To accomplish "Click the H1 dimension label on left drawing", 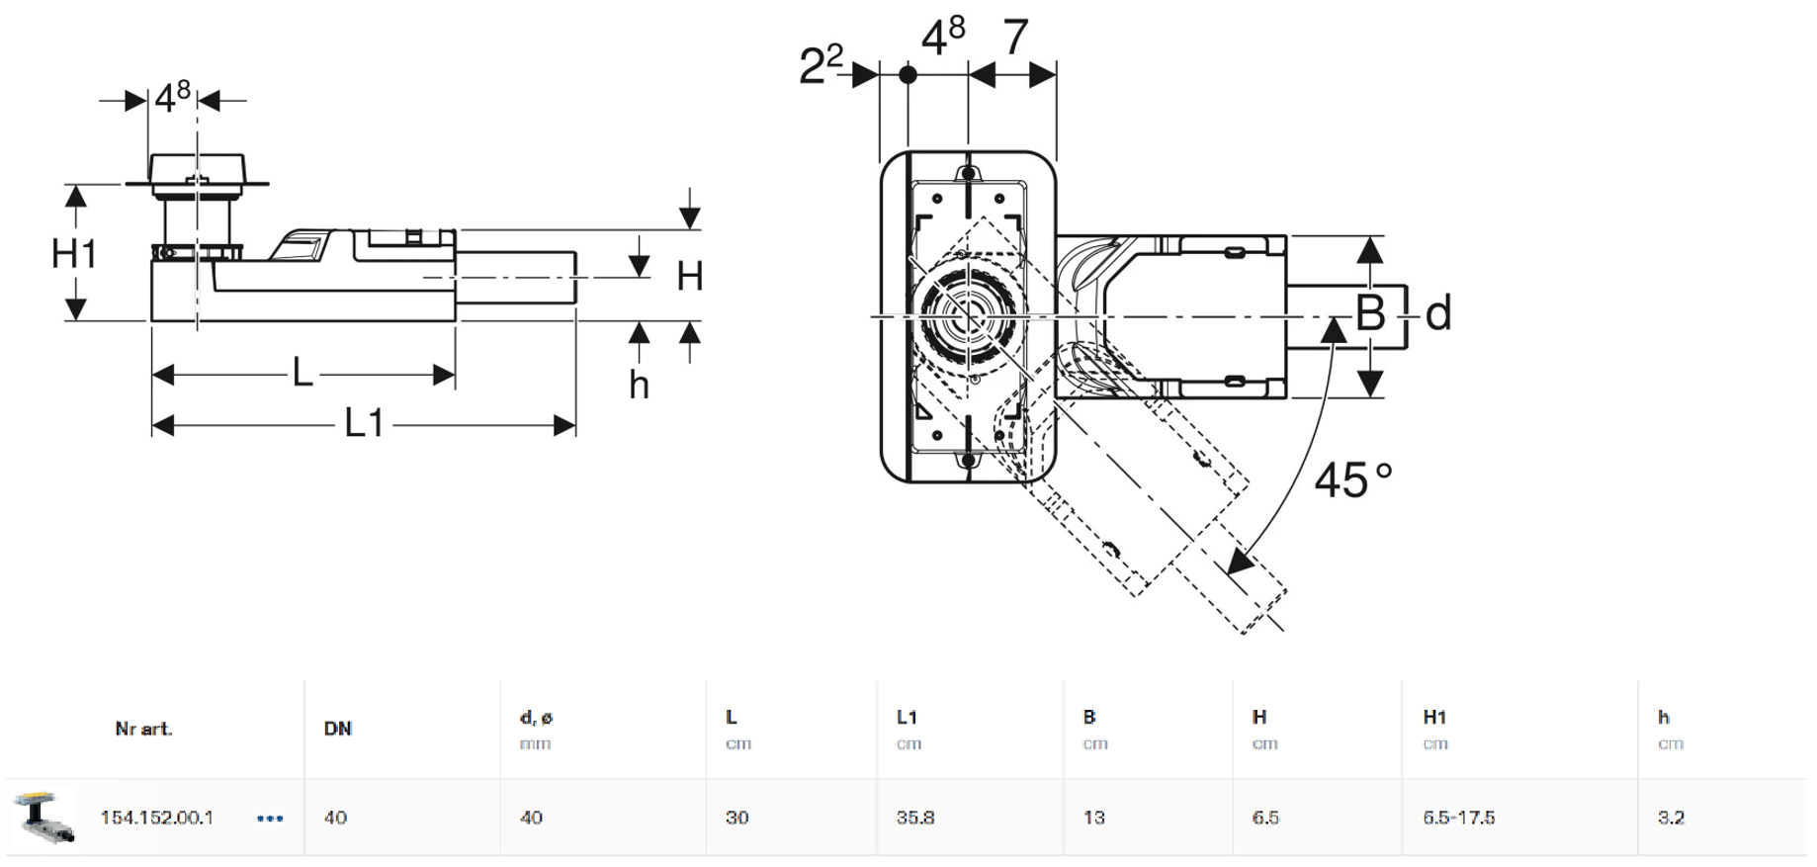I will coord(74,254).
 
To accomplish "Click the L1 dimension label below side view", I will coord(364,424).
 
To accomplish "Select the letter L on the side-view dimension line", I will coord(303,373).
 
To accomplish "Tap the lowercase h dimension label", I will coord(639,386).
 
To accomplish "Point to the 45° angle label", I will coord(1352,481).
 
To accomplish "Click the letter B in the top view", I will coord(1370,313).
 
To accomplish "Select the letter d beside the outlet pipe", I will coord(1438,313).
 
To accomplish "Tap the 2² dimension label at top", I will coord(822,64).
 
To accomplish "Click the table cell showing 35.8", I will coord(915,818).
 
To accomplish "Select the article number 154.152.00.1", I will coord(156,818).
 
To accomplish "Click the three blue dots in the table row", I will coord(270,819).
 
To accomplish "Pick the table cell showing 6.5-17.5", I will coord(1458,818).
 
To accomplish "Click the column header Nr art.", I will coord(143,729).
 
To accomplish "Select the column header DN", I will coord(337,729).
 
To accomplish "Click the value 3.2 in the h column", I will coord(1671,818).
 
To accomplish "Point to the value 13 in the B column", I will coord(1093,818).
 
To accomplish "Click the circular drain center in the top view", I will coord(968,316).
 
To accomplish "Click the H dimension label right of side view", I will coord(689,276).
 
